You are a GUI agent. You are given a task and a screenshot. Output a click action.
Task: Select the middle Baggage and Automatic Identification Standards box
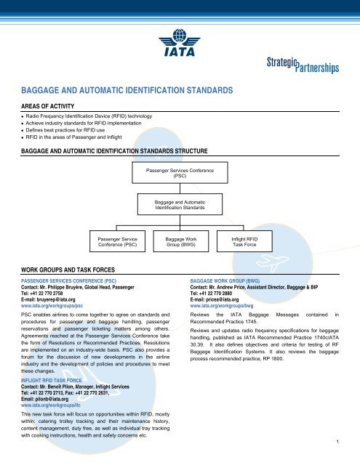coord(180,204)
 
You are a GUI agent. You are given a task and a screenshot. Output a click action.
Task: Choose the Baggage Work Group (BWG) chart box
coord(180,241)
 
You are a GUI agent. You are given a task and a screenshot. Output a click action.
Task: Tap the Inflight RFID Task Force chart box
coord(241,241)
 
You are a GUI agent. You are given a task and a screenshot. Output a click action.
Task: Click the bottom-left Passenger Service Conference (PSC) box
coord(119,241)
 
